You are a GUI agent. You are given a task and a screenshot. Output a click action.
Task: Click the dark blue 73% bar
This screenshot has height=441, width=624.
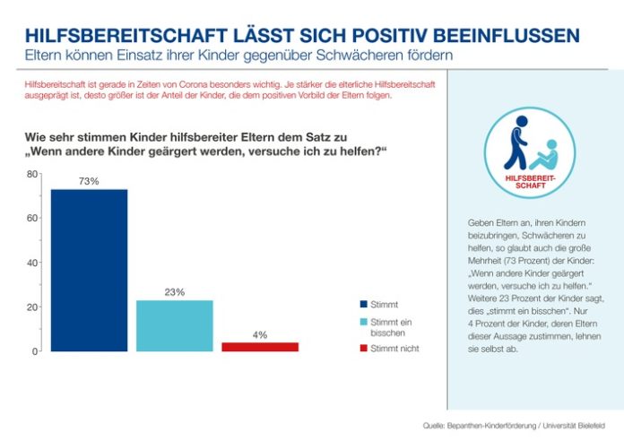coord(89,270)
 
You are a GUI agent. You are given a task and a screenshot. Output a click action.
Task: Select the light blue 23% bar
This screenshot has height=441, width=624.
coord(174,325)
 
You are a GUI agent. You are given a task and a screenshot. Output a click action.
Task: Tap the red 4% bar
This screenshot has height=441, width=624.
coord(260,346)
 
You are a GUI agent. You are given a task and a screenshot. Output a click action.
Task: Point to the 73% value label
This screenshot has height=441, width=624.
coord(89,181)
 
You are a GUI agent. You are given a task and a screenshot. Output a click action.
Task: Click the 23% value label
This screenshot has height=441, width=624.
coord(174,292)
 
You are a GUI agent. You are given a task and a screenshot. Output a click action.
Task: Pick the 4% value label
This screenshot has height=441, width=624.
coord(260,334)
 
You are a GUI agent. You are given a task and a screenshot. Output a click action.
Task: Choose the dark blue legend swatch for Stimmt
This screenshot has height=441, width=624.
coord(363,304)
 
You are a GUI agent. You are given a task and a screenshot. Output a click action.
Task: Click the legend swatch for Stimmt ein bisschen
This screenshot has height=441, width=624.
coord(363,321)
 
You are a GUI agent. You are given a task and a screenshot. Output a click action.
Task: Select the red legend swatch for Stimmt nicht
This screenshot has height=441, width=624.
coord(363,348)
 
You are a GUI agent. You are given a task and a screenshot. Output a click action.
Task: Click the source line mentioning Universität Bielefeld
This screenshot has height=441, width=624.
coord(519,424)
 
